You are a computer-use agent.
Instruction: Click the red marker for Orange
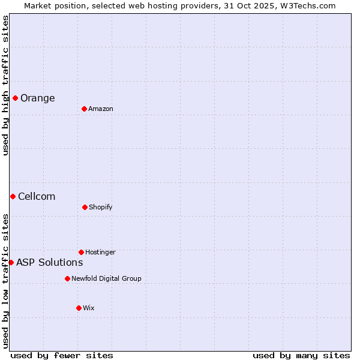pos(15,98)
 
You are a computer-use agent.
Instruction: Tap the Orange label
pos(37,98)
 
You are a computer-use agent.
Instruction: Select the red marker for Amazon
pos(84,109)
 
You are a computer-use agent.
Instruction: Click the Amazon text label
pos(101,109)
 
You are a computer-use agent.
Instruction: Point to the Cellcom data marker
pos(13,196)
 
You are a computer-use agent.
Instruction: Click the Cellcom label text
pos(37,197)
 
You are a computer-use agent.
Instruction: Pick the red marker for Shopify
pos(85,207)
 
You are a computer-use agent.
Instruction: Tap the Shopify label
pos(101,208)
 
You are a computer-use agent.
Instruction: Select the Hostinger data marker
pos(81,252)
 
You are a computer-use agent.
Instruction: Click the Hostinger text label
pos(100,253)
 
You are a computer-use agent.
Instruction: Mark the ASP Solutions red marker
pos(11,262)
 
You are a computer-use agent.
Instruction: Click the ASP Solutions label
pos(49,263)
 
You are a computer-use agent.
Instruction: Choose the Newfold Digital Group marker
pos(67,278)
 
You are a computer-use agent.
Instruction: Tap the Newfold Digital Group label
pos(106,279)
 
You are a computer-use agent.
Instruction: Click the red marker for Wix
pos(79,308)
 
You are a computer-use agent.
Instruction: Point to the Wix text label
pos(89,308)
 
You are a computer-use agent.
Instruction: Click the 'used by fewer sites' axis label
pos(62,355)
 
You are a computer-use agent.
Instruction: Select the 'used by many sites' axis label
pos(301,355)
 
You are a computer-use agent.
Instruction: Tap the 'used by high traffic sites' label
pos(5,85)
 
